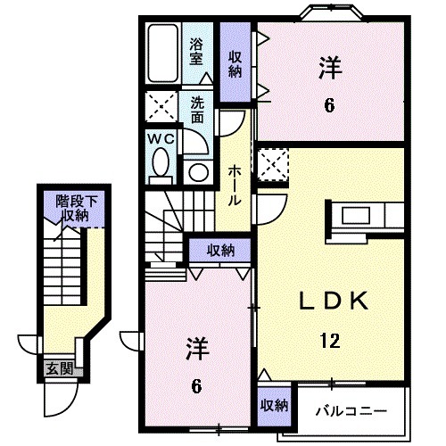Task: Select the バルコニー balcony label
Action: (x=351, y=412)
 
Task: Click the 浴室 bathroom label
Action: (x=196, y=52)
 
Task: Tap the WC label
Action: (x=161, y=140)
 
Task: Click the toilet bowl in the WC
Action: (x=161, y=163)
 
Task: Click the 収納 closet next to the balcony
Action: (x=275, y=404)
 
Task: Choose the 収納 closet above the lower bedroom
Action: (x=221, y=249)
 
